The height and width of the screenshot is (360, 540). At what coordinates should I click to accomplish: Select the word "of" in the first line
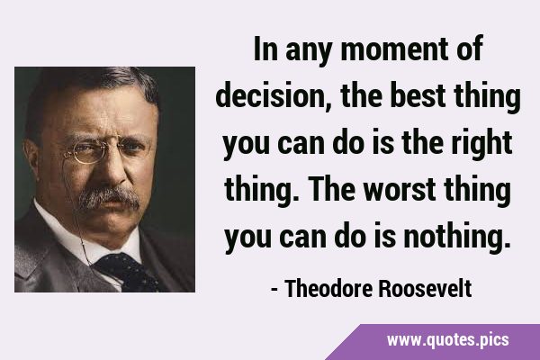point(470,49)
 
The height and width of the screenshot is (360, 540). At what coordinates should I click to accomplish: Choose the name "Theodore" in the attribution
point(328,288)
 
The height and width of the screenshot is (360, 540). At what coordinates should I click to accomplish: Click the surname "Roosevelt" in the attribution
point(425,288)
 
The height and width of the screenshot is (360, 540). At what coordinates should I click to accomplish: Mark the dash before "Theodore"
point(274,290)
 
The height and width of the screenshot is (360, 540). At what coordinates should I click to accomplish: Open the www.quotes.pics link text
point(447,340)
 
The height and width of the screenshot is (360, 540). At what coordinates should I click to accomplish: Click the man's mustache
point(109,198)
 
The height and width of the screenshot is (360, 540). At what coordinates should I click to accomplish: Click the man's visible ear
point(33,157)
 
